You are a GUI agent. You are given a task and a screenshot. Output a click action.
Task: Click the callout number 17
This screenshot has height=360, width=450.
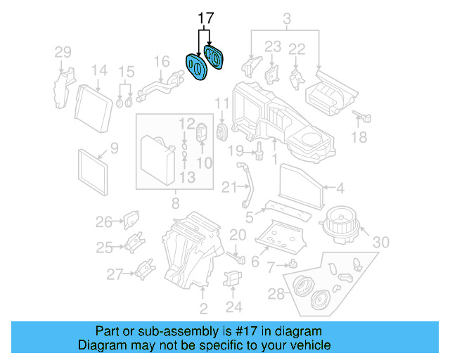(x=205, y=18)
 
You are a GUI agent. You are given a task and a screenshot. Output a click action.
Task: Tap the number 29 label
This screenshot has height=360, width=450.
(x=63, y=52)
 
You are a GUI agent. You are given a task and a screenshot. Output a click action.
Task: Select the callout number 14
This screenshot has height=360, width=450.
(x=99, y=70)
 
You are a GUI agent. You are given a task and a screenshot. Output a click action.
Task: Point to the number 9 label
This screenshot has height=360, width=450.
(x=114, y=148)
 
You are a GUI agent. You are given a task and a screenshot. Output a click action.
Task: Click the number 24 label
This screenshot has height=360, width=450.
(x=234, y=307)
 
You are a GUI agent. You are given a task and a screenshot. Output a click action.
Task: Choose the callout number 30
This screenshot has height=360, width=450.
(x=380, y=243)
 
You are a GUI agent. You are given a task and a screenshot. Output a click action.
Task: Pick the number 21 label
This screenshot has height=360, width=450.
(x=230, y=187)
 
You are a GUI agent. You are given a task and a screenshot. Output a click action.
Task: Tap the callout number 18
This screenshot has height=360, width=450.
(x=359, y=138)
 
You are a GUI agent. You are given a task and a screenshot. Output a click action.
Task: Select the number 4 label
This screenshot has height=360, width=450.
(x=340, y=188)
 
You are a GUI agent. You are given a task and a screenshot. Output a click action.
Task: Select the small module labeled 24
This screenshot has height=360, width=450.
(x=233, y=279)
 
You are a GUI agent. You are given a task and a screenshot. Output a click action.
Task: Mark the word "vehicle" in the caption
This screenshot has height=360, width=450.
(x=307, y=346)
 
